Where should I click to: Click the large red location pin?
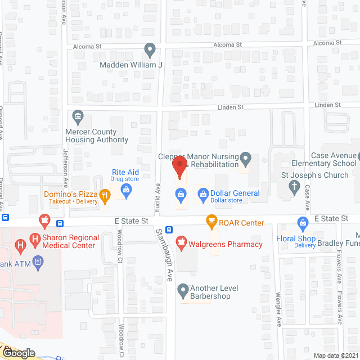point(179,167)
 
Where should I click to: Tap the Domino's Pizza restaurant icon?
point(105,196)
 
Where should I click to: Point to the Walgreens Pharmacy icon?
point(181,244)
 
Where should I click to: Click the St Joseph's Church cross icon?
point(294,188)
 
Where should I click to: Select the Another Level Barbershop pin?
point(182,291)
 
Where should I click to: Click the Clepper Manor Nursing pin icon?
point(245,158)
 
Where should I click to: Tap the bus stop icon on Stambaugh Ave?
point(177,229)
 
